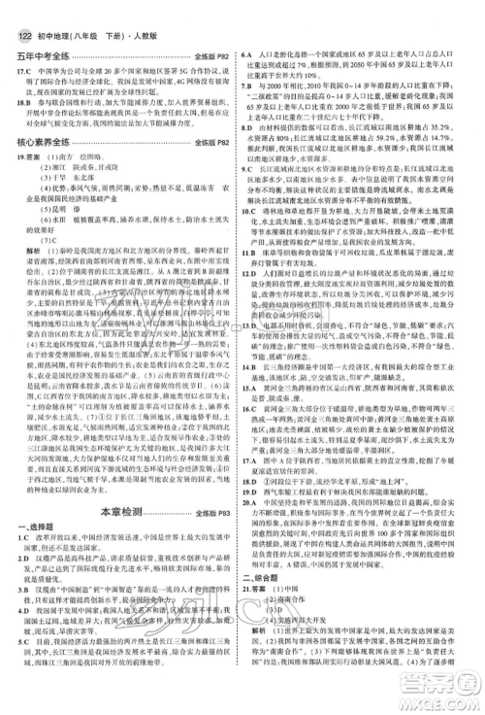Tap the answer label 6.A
[262, 60]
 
